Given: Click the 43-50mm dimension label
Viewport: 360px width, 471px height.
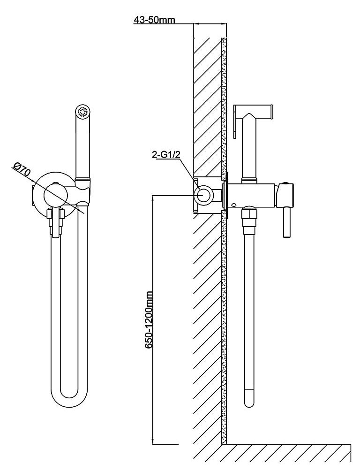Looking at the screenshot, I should (154, 20).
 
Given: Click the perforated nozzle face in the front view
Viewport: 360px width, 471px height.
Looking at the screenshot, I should (83, 112).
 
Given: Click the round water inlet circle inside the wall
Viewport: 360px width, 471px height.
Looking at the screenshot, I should (204, 195).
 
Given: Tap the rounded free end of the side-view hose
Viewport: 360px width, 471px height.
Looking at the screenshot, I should (249, 399).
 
